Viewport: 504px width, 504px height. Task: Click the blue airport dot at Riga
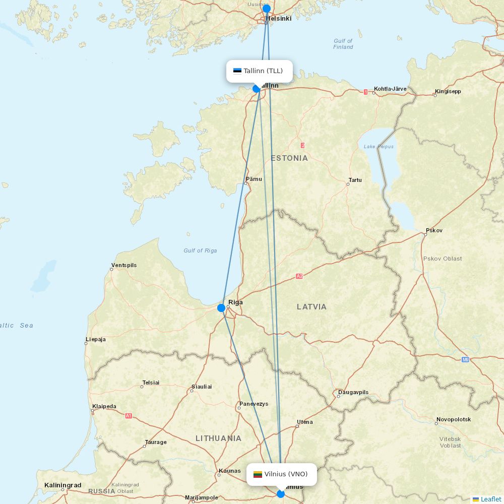(221, 308)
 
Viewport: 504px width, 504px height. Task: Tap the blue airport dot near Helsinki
(267, 9)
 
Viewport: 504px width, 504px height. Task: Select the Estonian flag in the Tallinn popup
(237, 71)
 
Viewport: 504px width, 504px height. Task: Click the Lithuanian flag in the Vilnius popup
(258, 474)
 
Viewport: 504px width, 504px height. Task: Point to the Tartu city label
(355, 180)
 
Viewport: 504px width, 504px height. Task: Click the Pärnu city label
(254, 179)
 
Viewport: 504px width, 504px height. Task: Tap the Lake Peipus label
(378, 147)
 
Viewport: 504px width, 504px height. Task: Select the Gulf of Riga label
(200, 250)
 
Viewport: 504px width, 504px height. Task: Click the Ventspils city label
(124, 265)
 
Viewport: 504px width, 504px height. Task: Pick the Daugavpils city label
(353, 392)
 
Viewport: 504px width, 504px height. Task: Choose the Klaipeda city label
(104, 406)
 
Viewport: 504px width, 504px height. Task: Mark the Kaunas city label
(229, 472)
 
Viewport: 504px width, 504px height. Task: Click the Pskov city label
(434, 230)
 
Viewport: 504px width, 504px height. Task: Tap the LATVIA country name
(311, 306)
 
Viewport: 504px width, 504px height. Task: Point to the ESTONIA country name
(289, 158)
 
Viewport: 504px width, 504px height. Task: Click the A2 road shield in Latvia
(299, 276)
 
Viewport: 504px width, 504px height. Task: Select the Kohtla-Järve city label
(390, 89)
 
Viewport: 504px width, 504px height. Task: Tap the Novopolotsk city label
(454, 419)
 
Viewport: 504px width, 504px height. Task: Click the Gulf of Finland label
(343, 44)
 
